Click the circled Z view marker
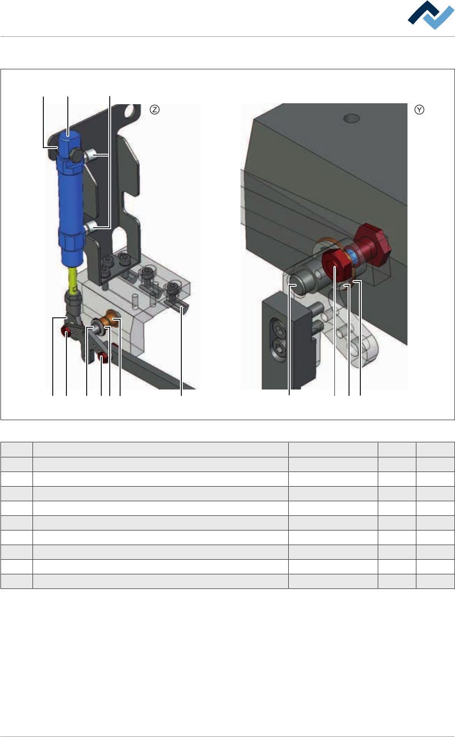154,109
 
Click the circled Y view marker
419,109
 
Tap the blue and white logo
431,15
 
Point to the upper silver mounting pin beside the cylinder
90,154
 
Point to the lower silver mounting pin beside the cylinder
90,227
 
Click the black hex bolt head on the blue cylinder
77,155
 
